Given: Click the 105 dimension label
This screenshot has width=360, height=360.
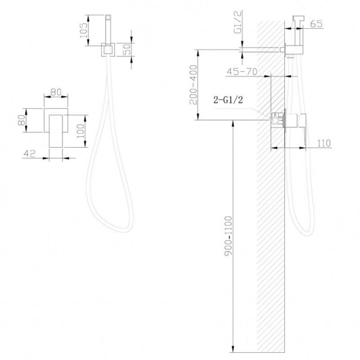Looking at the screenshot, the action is tap(84, 30).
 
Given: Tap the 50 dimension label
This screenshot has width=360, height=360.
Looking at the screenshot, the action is tap(127, 49).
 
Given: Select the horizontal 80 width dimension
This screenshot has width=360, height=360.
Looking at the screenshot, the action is tap(56, 92).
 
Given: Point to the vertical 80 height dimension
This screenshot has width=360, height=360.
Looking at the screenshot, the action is tap(22, 120).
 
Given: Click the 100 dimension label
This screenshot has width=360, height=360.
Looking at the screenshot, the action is tap(81, 131).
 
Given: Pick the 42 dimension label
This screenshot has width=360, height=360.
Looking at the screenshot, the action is tap(30, 153).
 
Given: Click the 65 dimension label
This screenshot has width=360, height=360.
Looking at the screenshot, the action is tap(316, 24).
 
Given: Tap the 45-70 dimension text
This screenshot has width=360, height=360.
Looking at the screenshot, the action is tap(242, 72).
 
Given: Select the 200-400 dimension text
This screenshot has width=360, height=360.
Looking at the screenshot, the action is tap(193, 85).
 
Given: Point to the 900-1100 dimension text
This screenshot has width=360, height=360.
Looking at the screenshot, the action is tap(229, 236).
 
